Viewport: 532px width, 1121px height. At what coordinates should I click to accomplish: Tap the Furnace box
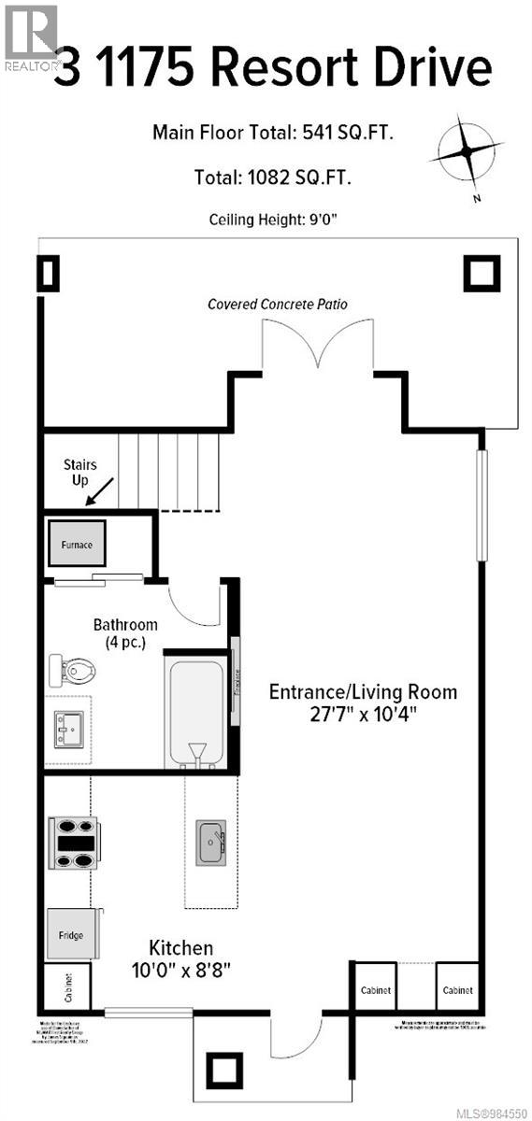pyautogui.click(x=78, y=544)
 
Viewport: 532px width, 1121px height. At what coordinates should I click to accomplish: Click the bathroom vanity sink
pyautogui.click(x=68, y=726)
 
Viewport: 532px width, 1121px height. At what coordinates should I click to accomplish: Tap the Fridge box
pyautogui.click(x=71, y=935)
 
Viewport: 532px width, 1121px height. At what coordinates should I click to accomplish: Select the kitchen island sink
pyautogui.click(x=210, y=842)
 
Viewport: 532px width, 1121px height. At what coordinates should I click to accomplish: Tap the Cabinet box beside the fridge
pyautogui.click(x=67, y=986)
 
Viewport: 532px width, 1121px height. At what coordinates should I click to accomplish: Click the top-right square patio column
pyautogui.click(x=482, y=273)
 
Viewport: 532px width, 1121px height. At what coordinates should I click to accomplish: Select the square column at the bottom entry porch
pyautogui.click(x=223, y=1068)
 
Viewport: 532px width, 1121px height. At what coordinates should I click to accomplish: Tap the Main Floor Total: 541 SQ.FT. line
pyautogui.click(x=273, y=134)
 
